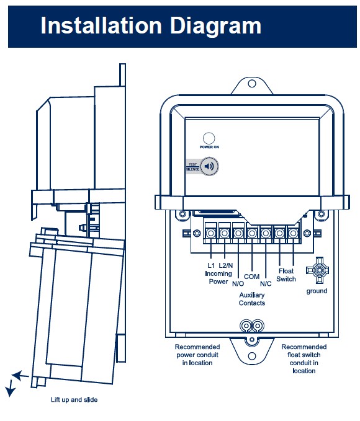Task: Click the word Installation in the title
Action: [101, 25]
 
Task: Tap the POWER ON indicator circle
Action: [209, 138]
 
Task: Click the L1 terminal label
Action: [211, 265]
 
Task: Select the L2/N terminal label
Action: [225, 265]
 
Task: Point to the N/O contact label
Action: [238, 283]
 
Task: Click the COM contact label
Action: [251, 277]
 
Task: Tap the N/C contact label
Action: [266, 283]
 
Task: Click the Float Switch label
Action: [286, 275]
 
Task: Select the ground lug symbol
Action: [317, 270]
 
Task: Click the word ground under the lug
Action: [317, 291]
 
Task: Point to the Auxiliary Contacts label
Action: [252, 299]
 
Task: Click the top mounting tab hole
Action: [252, 84]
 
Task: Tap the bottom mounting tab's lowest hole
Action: [252, 357]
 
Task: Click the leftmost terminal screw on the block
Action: [211, 233]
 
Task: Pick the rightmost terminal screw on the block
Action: [293, 233]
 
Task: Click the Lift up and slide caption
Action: [74, 400]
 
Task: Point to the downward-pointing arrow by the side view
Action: [10, 389]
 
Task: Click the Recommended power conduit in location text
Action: [197, 355]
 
